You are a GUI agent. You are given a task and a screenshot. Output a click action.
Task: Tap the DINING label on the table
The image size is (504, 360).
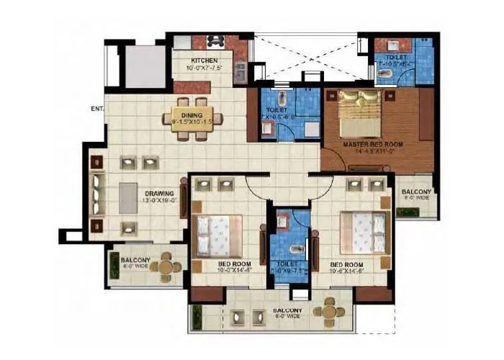click(x=192, y=115)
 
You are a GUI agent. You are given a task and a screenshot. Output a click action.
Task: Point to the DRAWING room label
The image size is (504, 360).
click(x=160, y=194)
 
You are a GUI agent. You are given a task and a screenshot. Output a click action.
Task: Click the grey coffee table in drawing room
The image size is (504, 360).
click(x=128, y=197)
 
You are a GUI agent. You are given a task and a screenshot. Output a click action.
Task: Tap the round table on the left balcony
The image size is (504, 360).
click(x=167, y=266)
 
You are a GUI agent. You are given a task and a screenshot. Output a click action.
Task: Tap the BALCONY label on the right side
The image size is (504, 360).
click(x=417, y=192)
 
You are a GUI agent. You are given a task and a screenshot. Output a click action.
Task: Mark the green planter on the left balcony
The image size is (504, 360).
click(x=114, y=266)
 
